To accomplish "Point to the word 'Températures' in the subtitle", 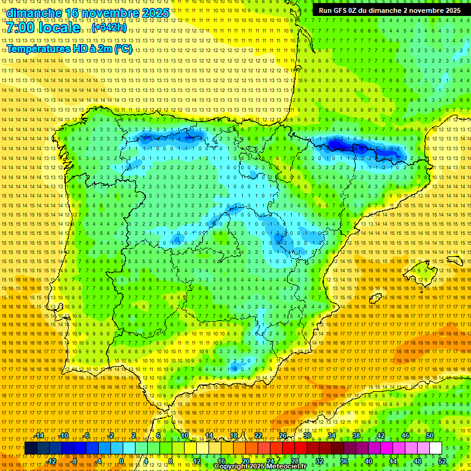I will coord(38,48).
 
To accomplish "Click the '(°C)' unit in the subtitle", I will coord(123,48).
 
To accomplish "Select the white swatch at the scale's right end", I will coord(435,448).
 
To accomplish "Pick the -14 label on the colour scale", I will coord(39,435).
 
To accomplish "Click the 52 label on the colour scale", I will coord(442,461).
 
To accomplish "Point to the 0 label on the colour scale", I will coord(121,461).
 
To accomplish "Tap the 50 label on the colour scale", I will coord(430,435).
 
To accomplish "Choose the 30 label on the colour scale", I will coord(307,435).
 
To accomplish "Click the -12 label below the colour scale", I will coord(51,461).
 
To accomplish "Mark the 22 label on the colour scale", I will coord(258,435).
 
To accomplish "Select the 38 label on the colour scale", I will coord(356,435).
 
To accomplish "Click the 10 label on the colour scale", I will coord(184,435).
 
